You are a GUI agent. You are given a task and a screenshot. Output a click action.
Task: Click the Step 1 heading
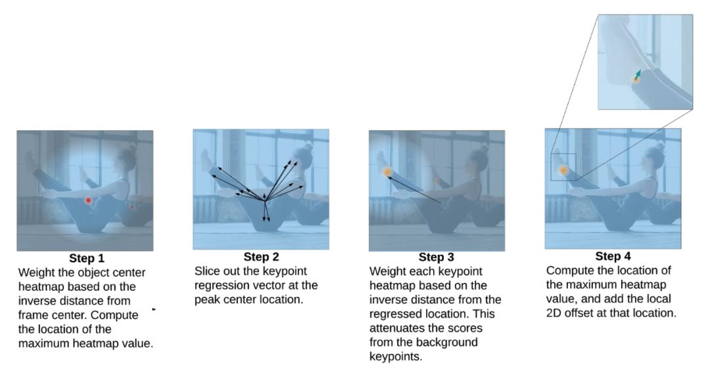[x=87, y=258]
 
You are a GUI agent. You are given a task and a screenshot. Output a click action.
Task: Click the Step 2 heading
[x=261, y=257]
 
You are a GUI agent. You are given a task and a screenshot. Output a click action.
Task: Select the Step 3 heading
[x=436, y=257]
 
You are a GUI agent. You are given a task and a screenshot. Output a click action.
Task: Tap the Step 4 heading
[x=613, y=256]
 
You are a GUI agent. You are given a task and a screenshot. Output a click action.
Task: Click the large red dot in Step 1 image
[x=88, y=200]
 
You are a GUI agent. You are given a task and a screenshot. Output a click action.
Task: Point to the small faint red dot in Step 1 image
[x=131, y=207]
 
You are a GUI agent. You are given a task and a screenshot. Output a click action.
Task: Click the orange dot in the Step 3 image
[x=387, y=172]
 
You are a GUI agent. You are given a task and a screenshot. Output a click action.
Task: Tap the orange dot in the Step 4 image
[x=563, y=170]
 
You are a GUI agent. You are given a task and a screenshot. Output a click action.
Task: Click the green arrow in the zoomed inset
[x=638, y=75]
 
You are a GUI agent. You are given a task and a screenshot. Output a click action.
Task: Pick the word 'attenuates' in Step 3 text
[x=394, y=328]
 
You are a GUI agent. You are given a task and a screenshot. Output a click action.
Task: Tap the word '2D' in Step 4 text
[x=554, y=313]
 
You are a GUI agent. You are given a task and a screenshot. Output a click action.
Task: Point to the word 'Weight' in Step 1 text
[x=34, y=273]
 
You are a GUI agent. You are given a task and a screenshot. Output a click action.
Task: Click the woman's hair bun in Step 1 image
[x=131, y=147]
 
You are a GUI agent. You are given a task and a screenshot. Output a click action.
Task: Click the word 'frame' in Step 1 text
[x=33, y=315]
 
